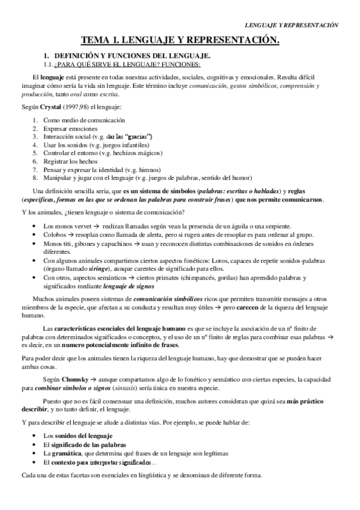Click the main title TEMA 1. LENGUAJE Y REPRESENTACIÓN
180,40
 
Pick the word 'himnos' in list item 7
154,170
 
